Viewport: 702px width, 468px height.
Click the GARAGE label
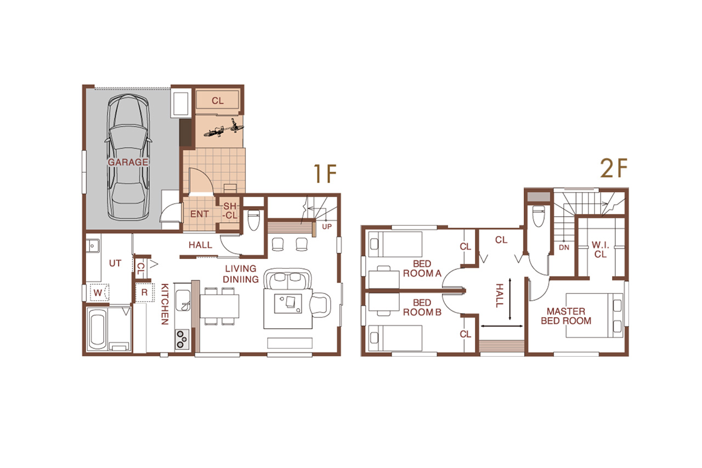(128, 162)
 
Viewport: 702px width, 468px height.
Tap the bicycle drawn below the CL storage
(223, 129)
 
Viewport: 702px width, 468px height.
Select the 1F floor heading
(325, 173)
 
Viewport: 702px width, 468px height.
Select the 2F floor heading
(614, 168)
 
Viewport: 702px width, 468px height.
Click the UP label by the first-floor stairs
(327, 227)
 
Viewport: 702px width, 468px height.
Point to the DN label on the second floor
(564, 247)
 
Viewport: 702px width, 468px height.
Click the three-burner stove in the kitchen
(182, 339)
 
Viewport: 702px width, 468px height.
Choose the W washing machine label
(98, 293)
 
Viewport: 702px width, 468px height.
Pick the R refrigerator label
(144, 292)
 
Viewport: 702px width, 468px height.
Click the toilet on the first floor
(253, 220)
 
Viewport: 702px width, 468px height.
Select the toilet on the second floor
(539, 216)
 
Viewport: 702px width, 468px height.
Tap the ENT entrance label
(199, 214)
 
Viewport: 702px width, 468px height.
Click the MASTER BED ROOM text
(566, 316)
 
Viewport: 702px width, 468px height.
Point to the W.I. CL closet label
(600, 250)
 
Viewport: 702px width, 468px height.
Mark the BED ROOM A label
(422, 269)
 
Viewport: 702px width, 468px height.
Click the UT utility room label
(115, 263)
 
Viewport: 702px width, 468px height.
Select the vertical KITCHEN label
(165, 304)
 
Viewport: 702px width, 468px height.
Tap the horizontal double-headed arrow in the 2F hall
(502, 326)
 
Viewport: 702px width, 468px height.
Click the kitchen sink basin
(183, 300)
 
